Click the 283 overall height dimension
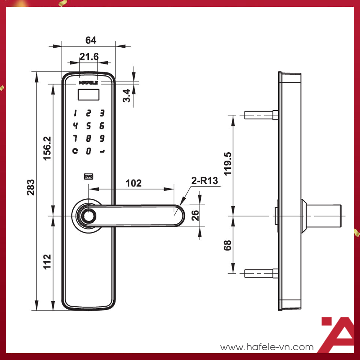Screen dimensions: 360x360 (31, 187)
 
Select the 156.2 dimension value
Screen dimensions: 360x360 (47, 148)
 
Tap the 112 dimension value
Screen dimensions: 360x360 (47, 261)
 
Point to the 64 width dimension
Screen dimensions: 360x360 (91, 40)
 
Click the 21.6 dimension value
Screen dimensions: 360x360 (89, 57)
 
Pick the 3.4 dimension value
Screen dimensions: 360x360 (126, 96)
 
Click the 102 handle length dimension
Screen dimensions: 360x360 (133, 183)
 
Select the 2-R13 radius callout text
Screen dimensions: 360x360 (205, 181)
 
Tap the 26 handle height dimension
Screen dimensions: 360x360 (195, 215)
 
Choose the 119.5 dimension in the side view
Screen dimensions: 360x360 (228, 164)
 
